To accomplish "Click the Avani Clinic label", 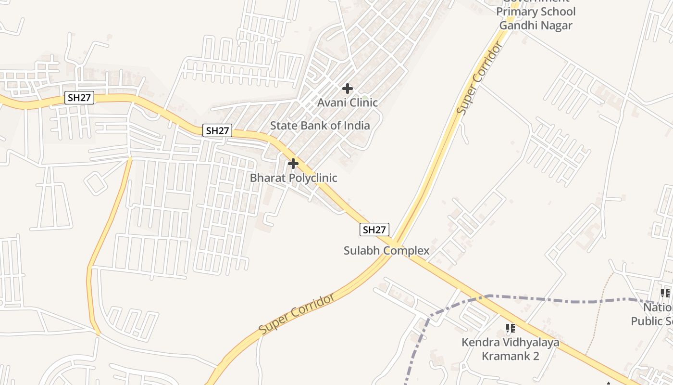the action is (348, 103).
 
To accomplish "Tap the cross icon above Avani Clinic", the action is (348, 89).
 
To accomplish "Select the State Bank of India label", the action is (320, 126).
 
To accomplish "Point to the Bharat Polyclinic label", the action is (293, 178).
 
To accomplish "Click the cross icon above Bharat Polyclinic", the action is (293, 164).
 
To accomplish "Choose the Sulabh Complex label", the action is (386, 251).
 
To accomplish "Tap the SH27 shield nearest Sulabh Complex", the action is (374, 230).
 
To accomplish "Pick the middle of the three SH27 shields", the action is (217, 130).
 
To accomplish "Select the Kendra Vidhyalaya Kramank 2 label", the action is (511, 349).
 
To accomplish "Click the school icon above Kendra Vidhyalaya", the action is (511, 328).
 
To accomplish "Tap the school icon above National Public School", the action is (665, 293).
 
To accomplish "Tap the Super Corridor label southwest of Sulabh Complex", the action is (297, 314).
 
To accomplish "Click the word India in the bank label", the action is (357, 126).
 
